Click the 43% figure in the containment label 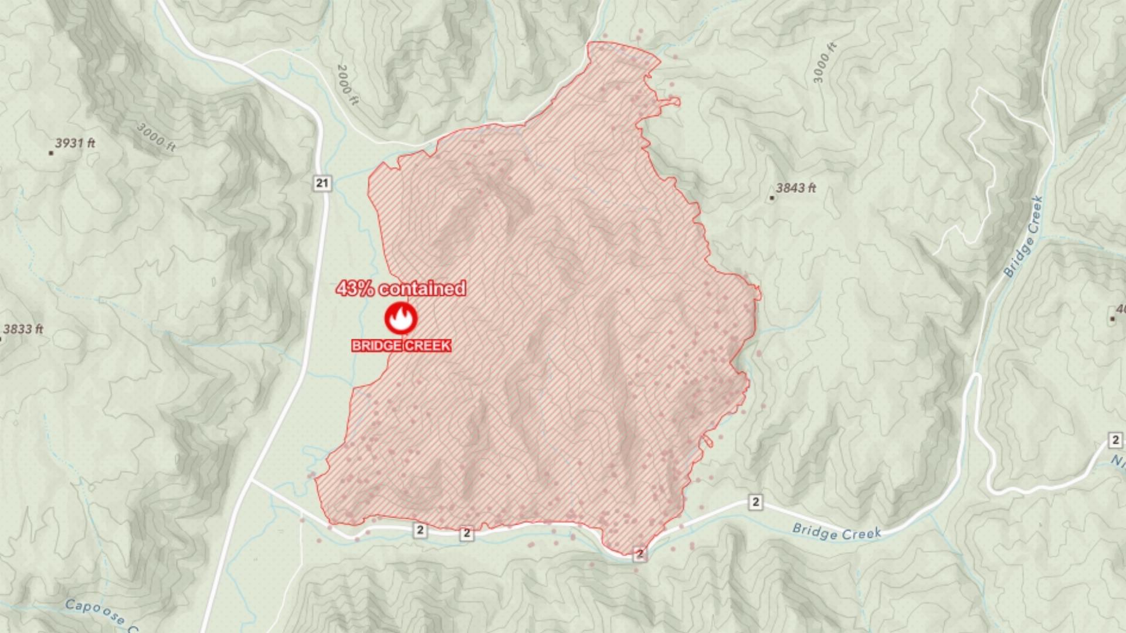pos(355,288)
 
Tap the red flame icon pos(401,318)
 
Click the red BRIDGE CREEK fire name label pos(401,346)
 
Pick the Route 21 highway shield pos(322,183)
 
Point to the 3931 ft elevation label pos(75,143)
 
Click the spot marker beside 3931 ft pos(51,153)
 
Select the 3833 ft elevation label pos(23,329)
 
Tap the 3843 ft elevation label pos(796,188)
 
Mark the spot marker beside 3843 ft pos(772,198)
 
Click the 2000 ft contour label pos(348,85)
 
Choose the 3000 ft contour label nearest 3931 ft pos(156,137)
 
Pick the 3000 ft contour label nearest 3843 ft pos(824,63)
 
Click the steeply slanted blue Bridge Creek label pos(1024,237)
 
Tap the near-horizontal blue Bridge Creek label pos(836,532)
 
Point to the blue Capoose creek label pos(97,611)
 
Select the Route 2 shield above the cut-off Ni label pos(1115,440)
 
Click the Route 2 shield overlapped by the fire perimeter pos(640,554)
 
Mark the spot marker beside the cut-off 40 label pos(1113,319)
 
